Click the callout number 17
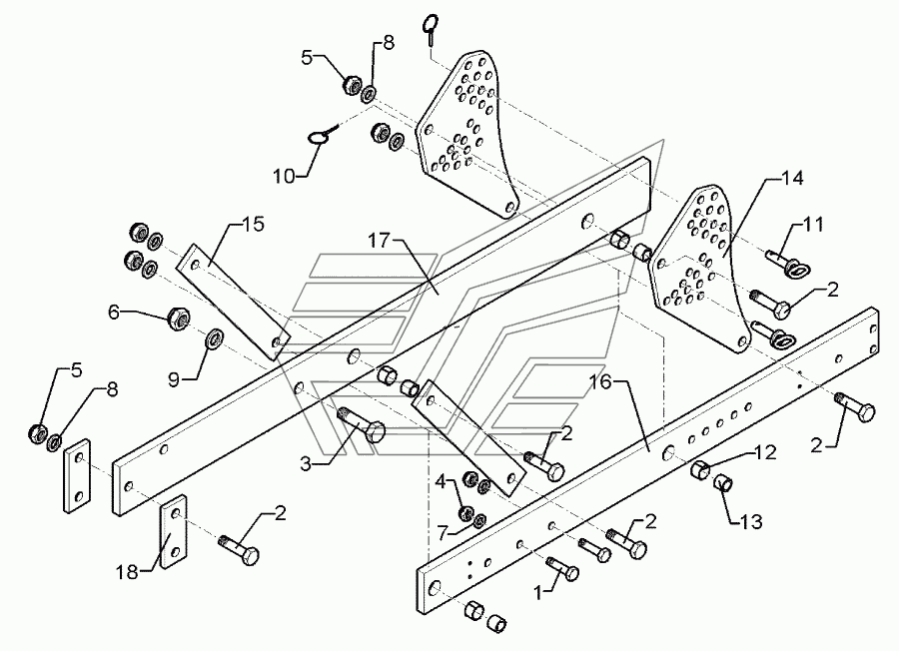pyautogui.click(x=379, y=240)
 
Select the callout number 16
pyautogui.click(x=602, y=382)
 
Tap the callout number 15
pyautogui.click(x=253, y=224)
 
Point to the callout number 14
pyautogui.click(x=792, y=178)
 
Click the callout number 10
pyautogui.click(x=284, y=176)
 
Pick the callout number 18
pyautogui.click(x=128, y=572)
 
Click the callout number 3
pyautogui.click(x=306, y=463)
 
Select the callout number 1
pyautogui.click(x=537, y=594)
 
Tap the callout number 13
pyautogui.click(x=751, y=521)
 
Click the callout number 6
pyautogui.click(x=114, y=313)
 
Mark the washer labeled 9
pyautogui.click(x=215, y=338)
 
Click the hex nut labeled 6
pyautogui.click(x=178, y=318)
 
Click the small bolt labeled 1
pyautogui.click(x=564, y=569)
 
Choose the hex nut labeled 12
pyautogui.click(x=699, y=470)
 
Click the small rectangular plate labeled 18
pyautogui.click(x=173, y=531)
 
